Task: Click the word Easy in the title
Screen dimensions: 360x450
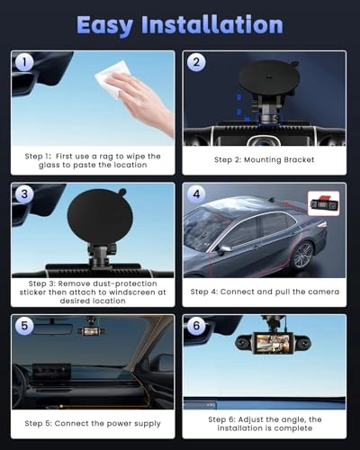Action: (x=104, y=25)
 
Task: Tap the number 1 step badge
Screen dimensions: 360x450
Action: (x=24, y=62)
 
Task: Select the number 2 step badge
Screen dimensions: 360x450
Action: (x=196, y=62)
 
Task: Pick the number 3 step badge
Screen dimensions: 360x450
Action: (x=24, y=193)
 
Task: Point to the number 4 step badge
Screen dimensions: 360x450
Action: (x=196, y=193)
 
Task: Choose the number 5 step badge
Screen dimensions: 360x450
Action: (x=24, y=326)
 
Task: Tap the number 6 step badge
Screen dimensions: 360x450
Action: (x=196, y=326)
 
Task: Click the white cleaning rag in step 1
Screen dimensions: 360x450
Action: (x=111, y=78)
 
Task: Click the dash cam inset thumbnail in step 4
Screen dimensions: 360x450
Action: (x=324, y=203)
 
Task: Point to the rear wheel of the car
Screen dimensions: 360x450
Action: (x=303, y=255)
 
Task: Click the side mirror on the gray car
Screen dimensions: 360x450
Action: (x=224, y=249)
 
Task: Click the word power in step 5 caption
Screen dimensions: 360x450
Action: (x=119, y=424)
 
